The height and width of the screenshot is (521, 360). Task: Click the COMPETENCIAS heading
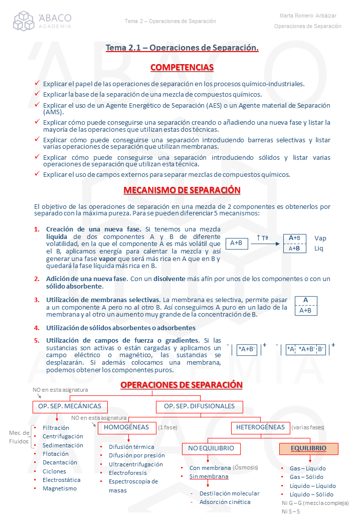point(182,68)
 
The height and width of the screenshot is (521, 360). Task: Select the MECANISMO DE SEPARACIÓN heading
point(182,190)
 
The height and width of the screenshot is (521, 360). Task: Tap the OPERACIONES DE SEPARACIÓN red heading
point(182,385)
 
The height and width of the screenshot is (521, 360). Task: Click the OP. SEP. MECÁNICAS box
point(70,406)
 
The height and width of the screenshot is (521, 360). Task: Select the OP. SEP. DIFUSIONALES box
point(199,406)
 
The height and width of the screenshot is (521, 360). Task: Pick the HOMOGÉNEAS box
point(126,427)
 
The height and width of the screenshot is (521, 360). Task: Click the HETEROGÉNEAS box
point(260,427)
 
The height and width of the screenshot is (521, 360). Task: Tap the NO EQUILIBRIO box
point(211,448)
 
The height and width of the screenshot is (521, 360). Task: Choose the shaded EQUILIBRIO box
point(308,448)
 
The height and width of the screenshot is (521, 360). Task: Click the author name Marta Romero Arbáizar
point(307,16)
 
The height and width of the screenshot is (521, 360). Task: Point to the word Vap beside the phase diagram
point(320,238)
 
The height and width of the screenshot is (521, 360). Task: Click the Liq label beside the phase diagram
point(319,248)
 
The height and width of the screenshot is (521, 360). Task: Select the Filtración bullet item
point(56,428)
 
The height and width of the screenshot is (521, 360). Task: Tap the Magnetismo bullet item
point(60,488)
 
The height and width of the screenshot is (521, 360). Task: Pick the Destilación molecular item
point(230,493)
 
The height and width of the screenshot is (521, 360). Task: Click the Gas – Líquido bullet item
point(307,468)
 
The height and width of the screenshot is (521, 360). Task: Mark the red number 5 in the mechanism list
point(37,341)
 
